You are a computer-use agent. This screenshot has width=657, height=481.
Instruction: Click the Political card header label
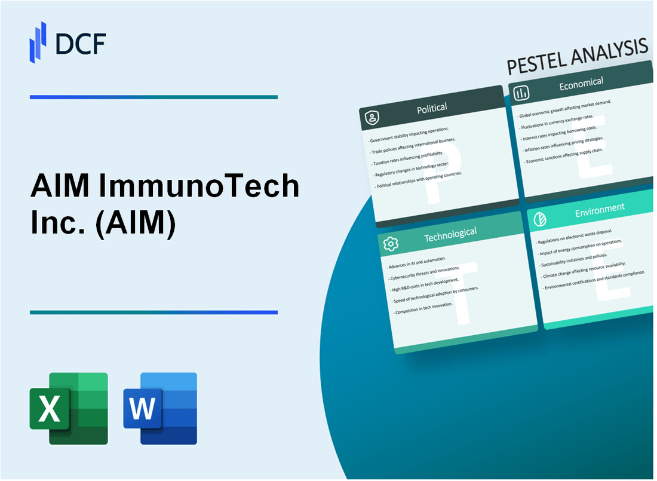pos(432,108)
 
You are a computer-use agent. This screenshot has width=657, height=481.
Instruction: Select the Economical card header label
pos(581,84)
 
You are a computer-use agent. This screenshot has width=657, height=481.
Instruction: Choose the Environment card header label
pos(600,207)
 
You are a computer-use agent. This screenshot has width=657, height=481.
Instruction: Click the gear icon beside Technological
pos(391,244)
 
